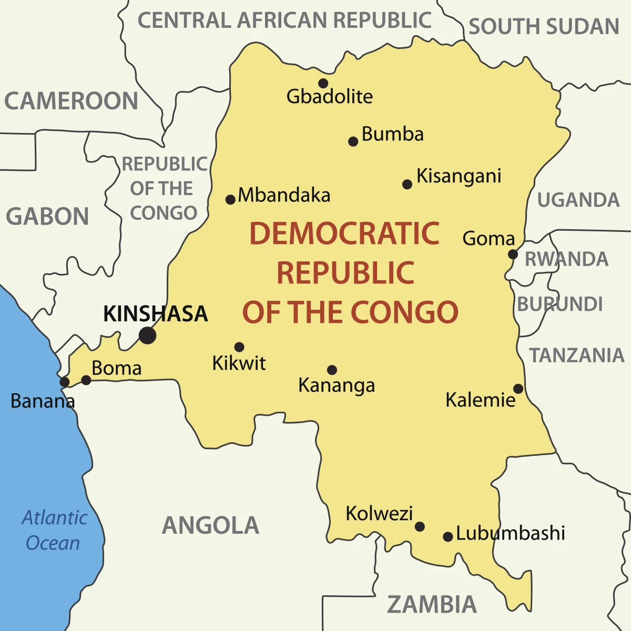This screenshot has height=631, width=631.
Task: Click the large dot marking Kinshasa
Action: click(148, 335)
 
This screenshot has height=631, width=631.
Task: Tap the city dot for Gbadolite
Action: click(323, 83)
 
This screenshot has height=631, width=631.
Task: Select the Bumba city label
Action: click(393, 134)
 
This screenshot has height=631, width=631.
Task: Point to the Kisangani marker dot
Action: click(407, 184)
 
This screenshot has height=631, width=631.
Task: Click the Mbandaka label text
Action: click(284, 196)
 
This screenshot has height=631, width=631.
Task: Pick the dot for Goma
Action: click(513, 255)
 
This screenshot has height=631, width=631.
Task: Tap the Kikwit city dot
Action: click(239, 347)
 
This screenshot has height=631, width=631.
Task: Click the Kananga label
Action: click(337, 385)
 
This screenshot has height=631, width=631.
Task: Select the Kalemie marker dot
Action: click(518, 389)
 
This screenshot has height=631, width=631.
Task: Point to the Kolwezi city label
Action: click(379, 513)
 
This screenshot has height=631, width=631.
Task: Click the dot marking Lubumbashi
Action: click(447, 537)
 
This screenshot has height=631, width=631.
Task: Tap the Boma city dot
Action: click(86, 380)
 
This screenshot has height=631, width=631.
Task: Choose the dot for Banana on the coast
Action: click(64, 382)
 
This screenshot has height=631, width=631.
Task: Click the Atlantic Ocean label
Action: click(54, 530)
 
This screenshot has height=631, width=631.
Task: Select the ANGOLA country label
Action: click(210, 525)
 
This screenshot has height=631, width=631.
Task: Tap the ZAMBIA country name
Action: click(432, 605)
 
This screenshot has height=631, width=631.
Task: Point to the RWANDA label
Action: click(566, 259)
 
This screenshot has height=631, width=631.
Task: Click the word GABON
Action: click(47, 217)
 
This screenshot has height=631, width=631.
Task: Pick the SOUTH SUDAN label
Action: click(544, 27)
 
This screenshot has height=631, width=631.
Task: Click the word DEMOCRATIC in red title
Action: click(344, 234)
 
